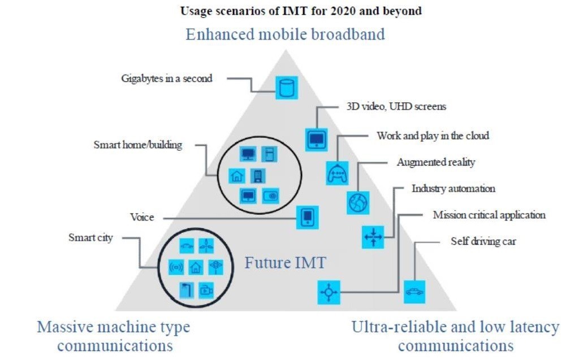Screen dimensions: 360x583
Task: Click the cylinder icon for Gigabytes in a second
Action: (287, 88)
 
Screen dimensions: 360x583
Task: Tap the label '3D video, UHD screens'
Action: (396, 106)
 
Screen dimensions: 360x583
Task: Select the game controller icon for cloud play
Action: (337, 172)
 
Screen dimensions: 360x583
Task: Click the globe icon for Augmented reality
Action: (358, 202)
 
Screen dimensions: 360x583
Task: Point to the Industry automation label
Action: (453, 188)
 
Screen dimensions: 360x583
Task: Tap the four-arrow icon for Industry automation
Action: (373, 237)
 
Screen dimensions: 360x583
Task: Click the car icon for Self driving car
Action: (414, 292)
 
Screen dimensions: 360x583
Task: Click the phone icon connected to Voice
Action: (307, 217)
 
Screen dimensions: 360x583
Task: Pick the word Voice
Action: (142, 217)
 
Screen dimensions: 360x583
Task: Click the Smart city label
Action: (90, 238)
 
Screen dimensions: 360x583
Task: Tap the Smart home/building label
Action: (137, 145)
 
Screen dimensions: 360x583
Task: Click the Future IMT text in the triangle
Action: (285, 263)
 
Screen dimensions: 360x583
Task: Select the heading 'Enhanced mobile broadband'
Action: (286, 34)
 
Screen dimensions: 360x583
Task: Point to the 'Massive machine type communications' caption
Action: (114, 336)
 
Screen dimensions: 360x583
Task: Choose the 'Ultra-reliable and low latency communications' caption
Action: (455, 336)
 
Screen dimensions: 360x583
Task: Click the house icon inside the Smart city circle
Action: (196, 267)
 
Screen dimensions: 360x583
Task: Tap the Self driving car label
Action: (483, 241)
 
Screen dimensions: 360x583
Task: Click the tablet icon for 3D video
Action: (316, 138)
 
